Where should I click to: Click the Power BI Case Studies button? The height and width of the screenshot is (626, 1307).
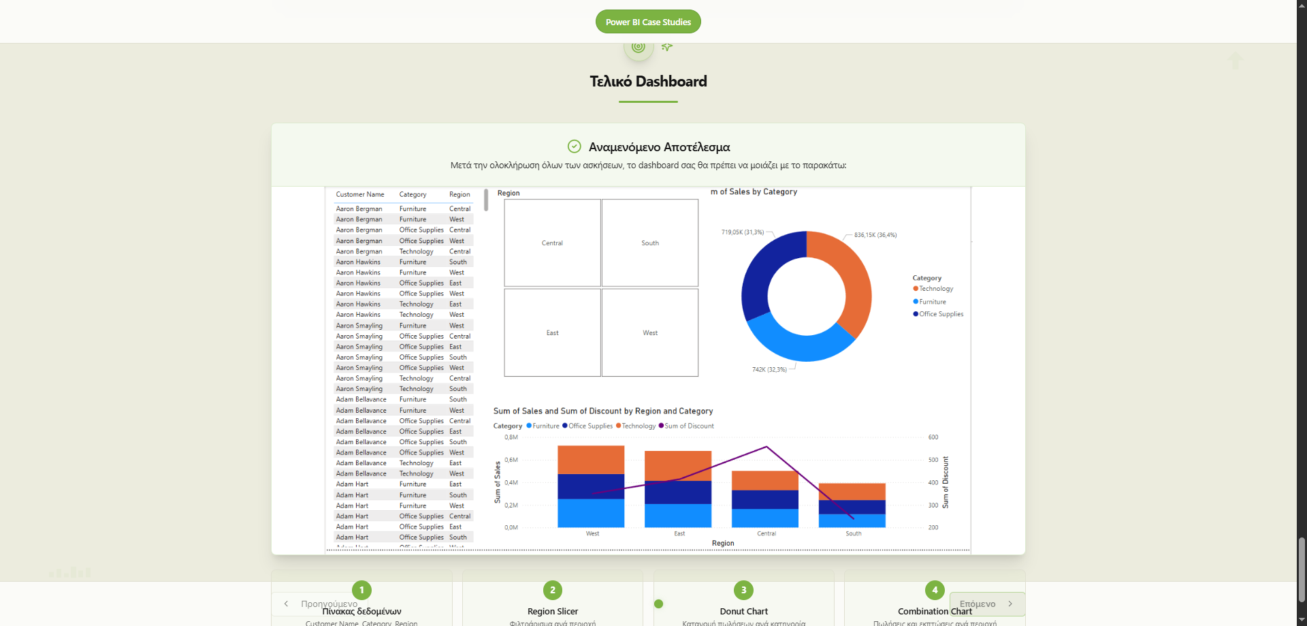(648, 22)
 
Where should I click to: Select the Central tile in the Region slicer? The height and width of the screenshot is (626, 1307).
(552, 243)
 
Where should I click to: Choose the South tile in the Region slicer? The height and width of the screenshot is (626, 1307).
(650, 243)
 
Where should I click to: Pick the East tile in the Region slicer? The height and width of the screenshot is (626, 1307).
(552, 333)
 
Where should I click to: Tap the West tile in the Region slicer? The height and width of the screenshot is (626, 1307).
(650, 333)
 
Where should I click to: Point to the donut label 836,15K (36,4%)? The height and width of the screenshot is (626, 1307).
(875, 235)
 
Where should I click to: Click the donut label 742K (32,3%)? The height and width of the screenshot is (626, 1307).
(769, 370)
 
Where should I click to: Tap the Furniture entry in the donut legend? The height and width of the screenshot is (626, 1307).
(932, 302)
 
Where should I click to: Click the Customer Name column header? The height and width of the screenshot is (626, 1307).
(360, 195)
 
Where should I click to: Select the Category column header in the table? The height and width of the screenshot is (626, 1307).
(413, 195)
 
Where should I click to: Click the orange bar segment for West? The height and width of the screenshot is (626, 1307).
(591, 460)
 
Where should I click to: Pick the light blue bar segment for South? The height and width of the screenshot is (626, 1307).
(852, 520)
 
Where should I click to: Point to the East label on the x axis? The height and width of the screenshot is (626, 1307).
(679, 534)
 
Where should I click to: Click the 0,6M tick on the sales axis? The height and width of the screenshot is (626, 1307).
(511, 460)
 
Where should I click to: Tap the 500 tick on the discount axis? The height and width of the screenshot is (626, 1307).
(933, 460)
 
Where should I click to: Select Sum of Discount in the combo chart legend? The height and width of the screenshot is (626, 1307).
(689, 426)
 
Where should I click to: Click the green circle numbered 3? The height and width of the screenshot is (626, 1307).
(743, 591)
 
